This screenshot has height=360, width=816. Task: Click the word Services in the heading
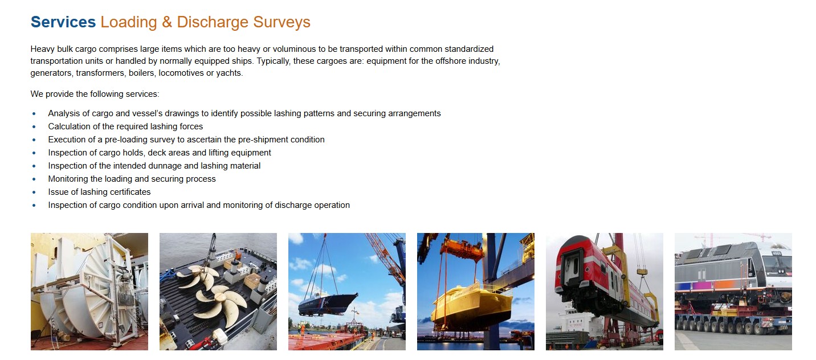click(x=63, y=22)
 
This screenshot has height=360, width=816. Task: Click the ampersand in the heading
click(x=167, y=22)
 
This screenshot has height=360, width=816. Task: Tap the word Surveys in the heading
click(x=281, y=23)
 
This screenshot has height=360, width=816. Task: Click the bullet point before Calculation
click(x=34, y=126)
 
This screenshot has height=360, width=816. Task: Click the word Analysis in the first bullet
click(x=64, y=113)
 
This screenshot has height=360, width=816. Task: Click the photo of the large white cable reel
click(x=89, y=292)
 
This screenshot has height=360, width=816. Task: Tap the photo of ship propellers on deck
click(x=218, y=292)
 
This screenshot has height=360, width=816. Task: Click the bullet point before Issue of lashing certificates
click(x=34, y=192)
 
